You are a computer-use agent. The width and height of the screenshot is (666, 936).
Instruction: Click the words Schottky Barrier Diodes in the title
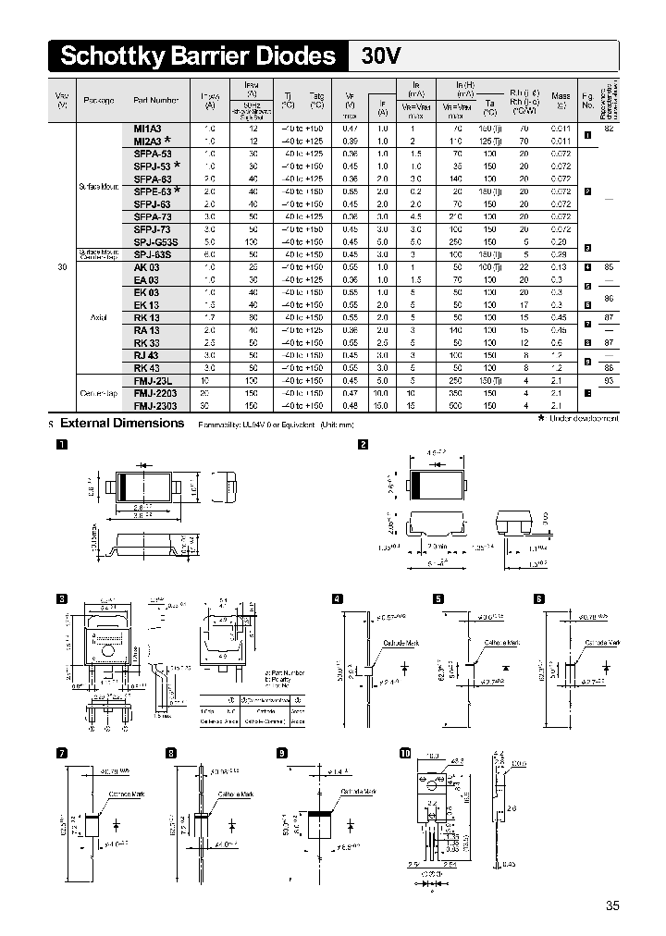pos(197,56)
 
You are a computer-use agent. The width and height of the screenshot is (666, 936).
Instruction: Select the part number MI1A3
pos(147,129)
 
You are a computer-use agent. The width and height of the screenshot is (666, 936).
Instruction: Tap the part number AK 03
pos(146,266)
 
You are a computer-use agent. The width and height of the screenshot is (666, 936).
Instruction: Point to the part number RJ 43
pos(146,355)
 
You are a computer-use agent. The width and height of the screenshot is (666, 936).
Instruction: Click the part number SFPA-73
pos(152,216)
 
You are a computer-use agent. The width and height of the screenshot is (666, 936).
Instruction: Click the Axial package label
pos(99,316)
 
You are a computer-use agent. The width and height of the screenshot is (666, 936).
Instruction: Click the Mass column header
pos(561,95)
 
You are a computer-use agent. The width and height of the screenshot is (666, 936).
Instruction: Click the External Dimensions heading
pos(122,423)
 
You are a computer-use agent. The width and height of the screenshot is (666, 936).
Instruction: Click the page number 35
pos(612,905)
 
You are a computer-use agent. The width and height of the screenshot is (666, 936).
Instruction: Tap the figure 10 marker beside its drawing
pos(404,752)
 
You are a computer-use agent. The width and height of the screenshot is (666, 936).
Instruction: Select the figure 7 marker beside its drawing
pos(62,752)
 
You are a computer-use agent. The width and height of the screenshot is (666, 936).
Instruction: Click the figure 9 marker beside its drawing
pos(281,752)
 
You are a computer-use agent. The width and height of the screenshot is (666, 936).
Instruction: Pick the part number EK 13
pos(146,304)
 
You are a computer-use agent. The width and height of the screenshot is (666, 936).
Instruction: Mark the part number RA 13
pos(146,329)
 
